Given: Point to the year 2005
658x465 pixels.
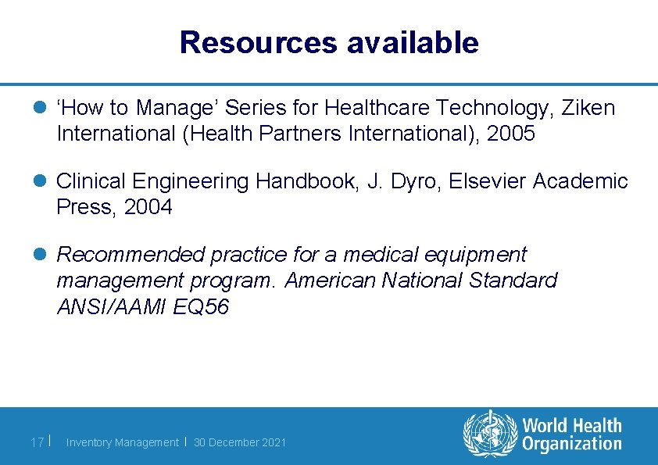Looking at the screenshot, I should [x=510, y=134].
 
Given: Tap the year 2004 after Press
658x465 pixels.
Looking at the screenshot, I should [x=148, y=207].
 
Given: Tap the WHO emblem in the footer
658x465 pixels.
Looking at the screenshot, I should [x=490, y=435].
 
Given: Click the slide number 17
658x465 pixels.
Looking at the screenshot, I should [x=37, y=442].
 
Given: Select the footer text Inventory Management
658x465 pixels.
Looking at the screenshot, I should [x=122, y=442].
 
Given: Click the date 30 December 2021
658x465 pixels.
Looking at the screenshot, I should [x=240, y=442].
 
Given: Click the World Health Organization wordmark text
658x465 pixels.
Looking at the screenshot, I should [x=572, y=435].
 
